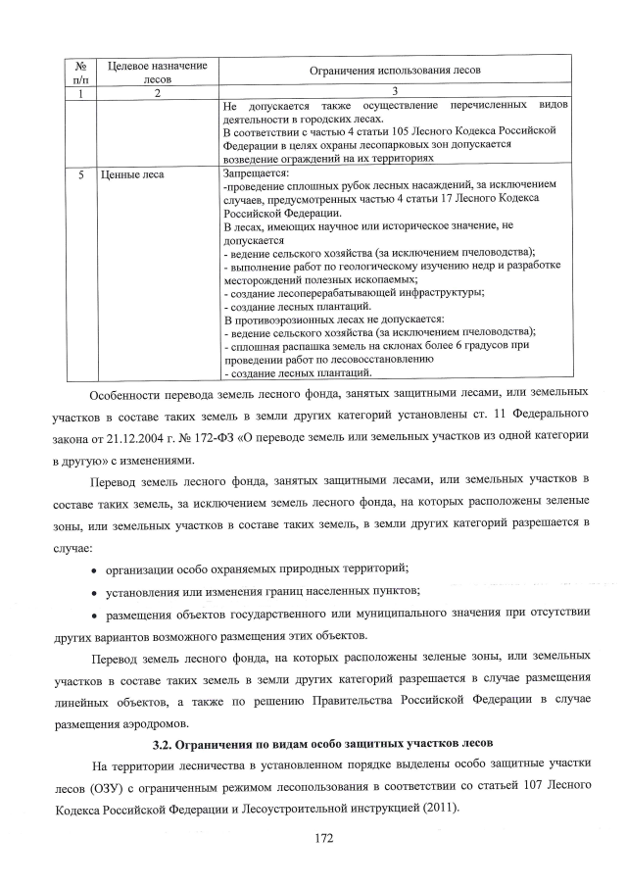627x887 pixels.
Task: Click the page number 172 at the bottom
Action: pyautogui.click(x=313, y=838)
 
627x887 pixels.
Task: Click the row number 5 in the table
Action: pyautogui.click(x=79, y=175)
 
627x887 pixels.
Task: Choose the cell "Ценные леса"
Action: pyautogui.click(x=131, y=175)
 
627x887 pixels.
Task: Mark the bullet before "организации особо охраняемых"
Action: pyautogui.click(x=94, y=569)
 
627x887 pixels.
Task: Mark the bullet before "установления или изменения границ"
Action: pyautogui.click(x=94, y=591)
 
